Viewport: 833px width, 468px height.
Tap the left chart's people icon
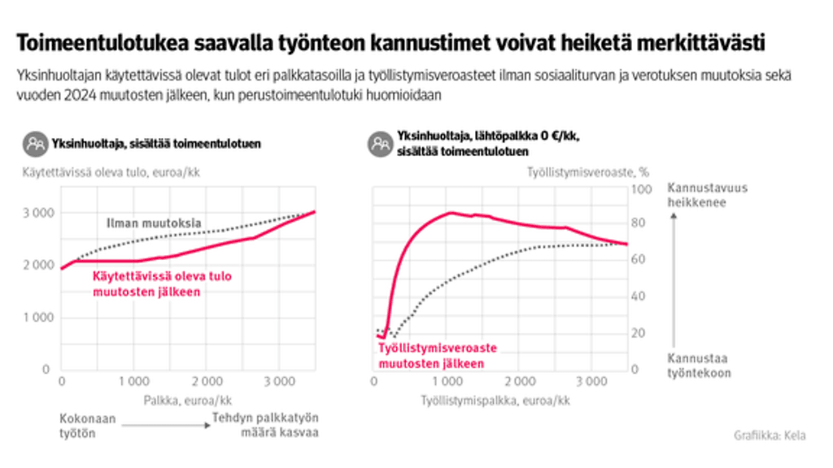click(34, 144)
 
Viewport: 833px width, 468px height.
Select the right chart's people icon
click(379, 144)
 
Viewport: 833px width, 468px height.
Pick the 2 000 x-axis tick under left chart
click(207, 381)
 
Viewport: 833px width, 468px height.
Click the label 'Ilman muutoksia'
click(154, 223)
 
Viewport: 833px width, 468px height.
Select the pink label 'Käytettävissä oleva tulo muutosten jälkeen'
click(162, 284)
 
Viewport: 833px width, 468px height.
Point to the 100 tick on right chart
click(643, 188)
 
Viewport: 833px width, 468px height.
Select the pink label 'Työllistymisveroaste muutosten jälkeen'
click(437, 355)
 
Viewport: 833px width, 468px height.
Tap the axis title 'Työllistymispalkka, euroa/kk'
click(495, 401)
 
